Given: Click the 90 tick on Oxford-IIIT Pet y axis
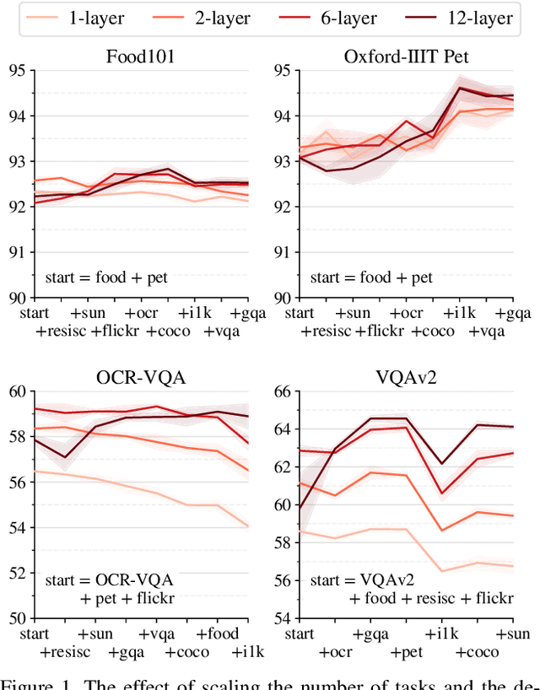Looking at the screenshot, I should click(x=278, y=297).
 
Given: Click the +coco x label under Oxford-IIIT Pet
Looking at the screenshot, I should click(x=434, y=331).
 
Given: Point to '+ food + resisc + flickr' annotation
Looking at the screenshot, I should click(x=430, y=598).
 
